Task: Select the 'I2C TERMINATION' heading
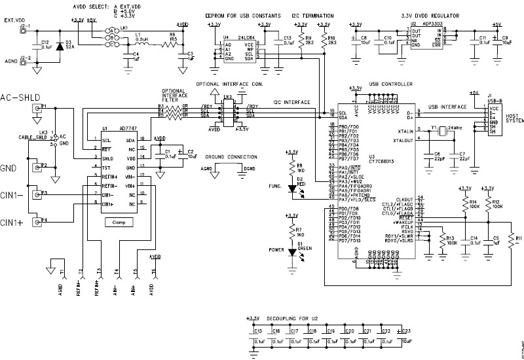pos(313,14)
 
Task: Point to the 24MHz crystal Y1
pos(442,133)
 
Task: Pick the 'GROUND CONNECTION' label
pos(231,158)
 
